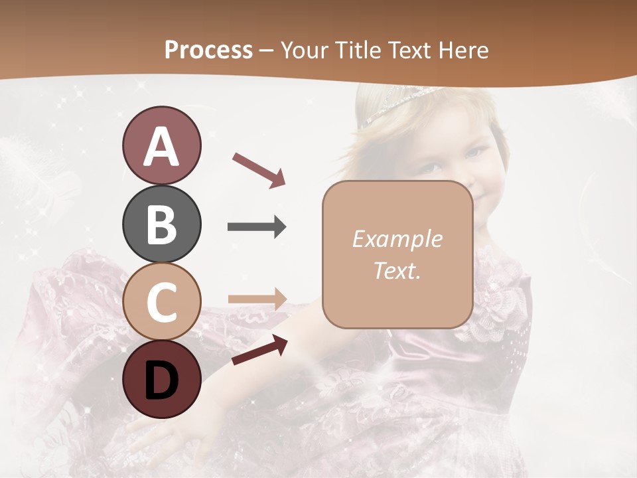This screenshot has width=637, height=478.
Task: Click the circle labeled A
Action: (161, 145)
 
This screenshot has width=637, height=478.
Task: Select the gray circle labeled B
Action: (161, 224)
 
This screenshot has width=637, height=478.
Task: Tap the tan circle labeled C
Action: (161, 302)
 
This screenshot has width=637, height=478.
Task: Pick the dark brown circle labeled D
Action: (161, 380)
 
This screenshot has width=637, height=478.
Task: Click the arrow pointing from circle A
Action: (259, 169)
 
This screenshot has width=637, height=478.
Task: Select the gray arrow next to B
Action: (257, 227)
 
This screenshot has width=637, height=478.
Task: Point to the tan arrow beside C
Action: (257, 299)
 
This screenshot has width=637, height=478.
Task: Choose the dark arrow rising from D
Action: (259, 350)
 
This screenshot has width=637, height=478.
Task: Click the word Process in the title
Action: (208, 50)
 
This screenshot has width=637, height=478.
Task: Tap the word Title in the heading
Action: (358, 50)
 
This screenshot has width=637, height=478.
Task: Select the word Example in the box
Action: (397, 239)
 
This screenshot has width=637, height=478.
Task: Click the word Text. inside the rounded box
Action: (397, 270)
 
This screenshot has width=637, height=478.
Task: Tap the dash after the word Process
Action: (267, 50)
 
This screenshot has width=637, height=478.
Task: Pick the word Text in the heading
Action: (411, 50)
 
